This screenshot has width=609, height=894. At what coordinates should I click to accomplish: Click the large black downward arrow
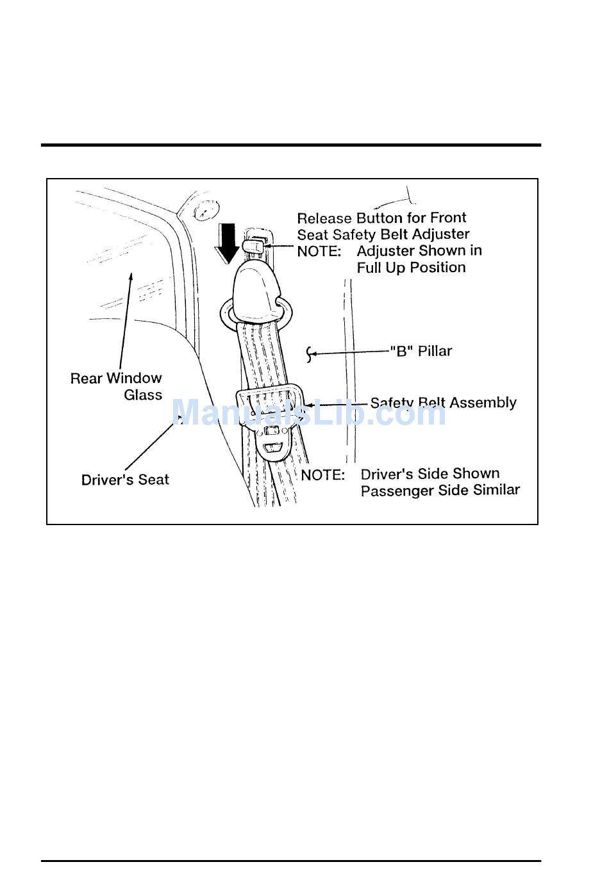(226, 243)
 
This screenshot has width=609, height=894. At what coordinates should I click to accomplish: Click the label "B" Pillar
(421, 351)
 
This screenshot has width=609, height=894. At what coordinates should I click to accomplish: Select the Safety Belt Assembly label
(443, 403)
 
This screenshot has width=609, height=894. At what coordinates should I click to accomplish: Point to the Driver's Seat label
(125, 480)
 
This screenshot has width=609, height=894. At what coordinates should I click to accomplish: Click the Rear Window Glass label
(116, 386)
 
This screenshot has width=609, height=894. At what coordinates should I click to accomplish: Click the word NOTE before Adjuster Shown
(319, 252)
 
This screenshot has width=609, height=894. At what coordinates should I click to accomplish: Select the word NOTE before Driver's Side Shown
(322, 475)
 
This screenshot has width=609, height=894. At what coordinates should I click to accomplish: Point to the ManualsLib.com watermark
(308, 412)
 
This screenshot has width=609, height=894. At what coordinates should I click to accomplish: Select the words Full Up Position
(411, 268)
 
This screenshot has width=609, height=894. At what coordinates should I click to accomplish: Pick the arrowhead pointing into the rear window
(131, 277)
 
